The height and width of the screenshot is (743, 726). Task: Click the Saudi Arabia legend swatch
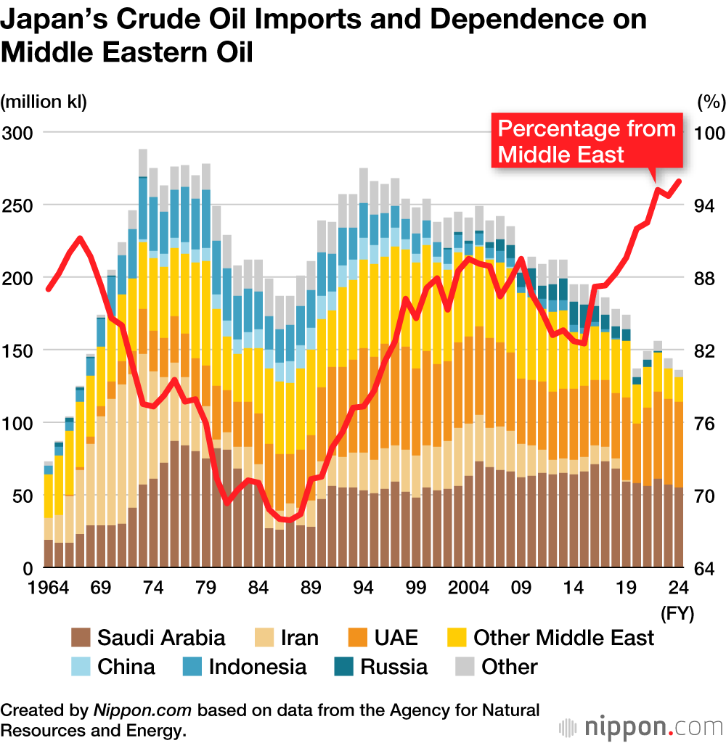coord(81,638)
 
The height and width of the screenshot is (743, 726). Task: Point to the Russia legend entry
coord(382,667)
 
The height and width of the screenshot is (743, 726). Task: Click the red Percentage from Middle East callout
coord(587,141)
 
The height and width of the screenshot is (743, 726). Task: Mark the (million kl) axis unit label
coord(44,102)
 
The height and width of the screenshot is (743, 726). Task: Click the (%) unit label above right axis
coord(711,102)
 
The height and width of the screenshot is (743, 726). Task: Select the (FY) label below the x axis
coord(677,614)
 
